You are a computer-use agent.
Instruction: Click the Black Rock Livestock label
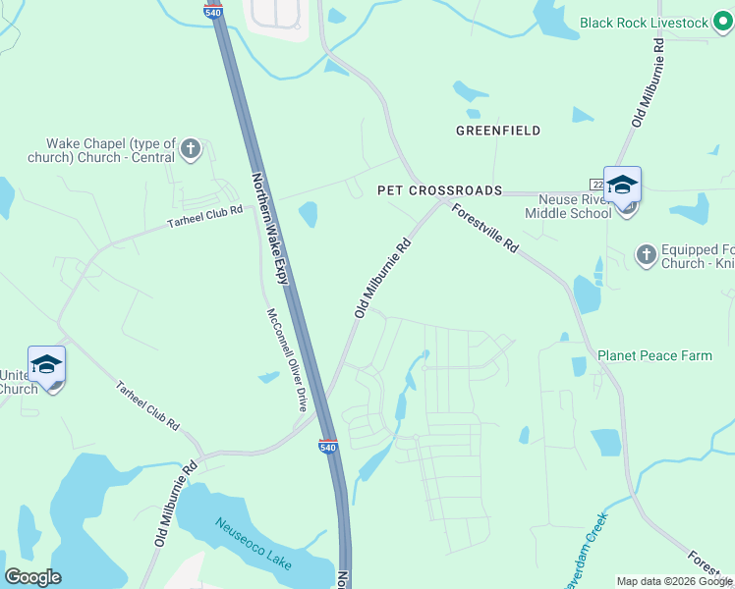(x=644, y=22)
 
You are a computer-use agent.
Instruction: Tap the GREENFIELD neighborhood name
(x=498, y=131)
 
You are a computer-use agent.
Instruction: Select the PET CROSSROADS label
(x=440, y=190)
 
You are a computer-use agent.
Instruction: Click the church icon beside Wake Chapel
(x=191, y=150)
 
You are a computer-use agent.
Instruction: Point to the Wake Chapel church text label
(x=110, y=150)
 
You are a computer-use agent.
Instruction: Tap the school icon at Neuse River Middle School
(x=622, y=185)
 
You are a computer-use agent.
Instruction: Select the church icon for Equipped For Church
(x=646, y=255)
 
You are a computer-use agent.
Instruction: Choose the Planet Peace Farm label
(x=654, y=355)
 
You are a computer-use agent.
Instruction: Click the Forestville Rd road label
(x=484, y=230)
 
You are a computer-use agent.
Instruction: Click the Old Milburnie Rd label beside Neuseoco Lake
(x=175, y=505)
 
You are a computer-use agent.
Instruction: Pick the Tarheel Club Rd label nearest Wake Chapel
(x=204, y=216)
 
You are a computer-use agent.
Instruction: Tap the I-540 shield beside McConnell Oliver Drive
(x=328, y=447)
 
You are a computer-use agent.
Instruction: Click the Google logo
(x=32, y=577)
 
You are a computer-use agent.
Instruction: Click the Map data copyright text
(x=674, y=581)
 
